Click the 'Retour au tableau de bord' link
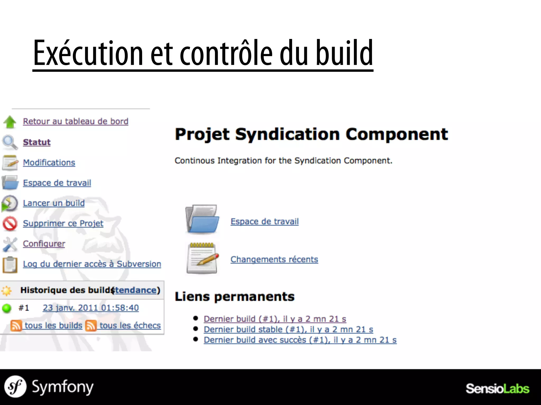coord(76,121)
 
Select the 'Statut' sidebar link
coord(37,142)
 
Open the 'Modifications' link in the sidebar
coord(49,162)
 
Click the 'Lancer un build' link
coord(54,203)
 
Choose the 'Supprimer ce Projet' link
coord(63,223)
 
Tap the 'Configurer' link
coord(44,244)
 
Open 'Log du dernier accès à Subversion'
coord(92,264)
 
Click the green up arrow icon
coord(10,122)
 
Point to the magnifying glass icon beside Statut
coord(10,142)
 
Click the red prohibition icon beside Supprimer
coord(10,224)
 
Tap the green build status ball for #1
coord(7,308)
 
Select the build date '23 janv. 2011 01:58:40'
coord(91,308)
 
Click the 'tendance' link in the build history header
coord(136,290)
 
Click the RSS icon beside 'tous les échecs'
coord(91,326)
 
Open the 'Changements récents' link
coord(274,259)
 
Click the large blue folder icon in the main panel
coord(202,219)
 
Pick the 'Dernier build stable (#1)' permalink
coord(288,329)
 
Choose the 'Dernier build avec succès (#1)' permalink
coord(300,340)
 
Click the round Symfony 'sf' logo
coord(15,387)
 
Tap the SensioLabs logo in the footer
coord(497,389)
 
